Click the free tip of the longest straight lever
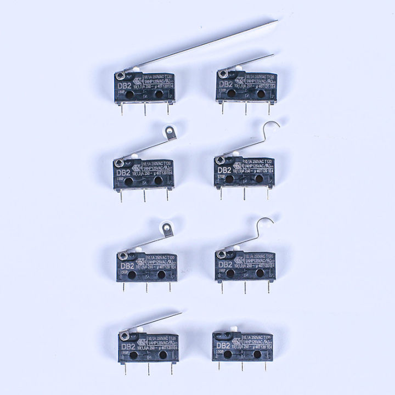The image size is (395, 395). tap(276, 21)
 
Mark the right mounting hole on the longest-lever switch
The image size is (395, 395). tap(159, 94)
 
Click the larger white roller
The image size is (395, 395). tap(164, 233)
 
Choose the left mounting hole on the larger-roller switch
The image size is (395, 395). tap(132, 273)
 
